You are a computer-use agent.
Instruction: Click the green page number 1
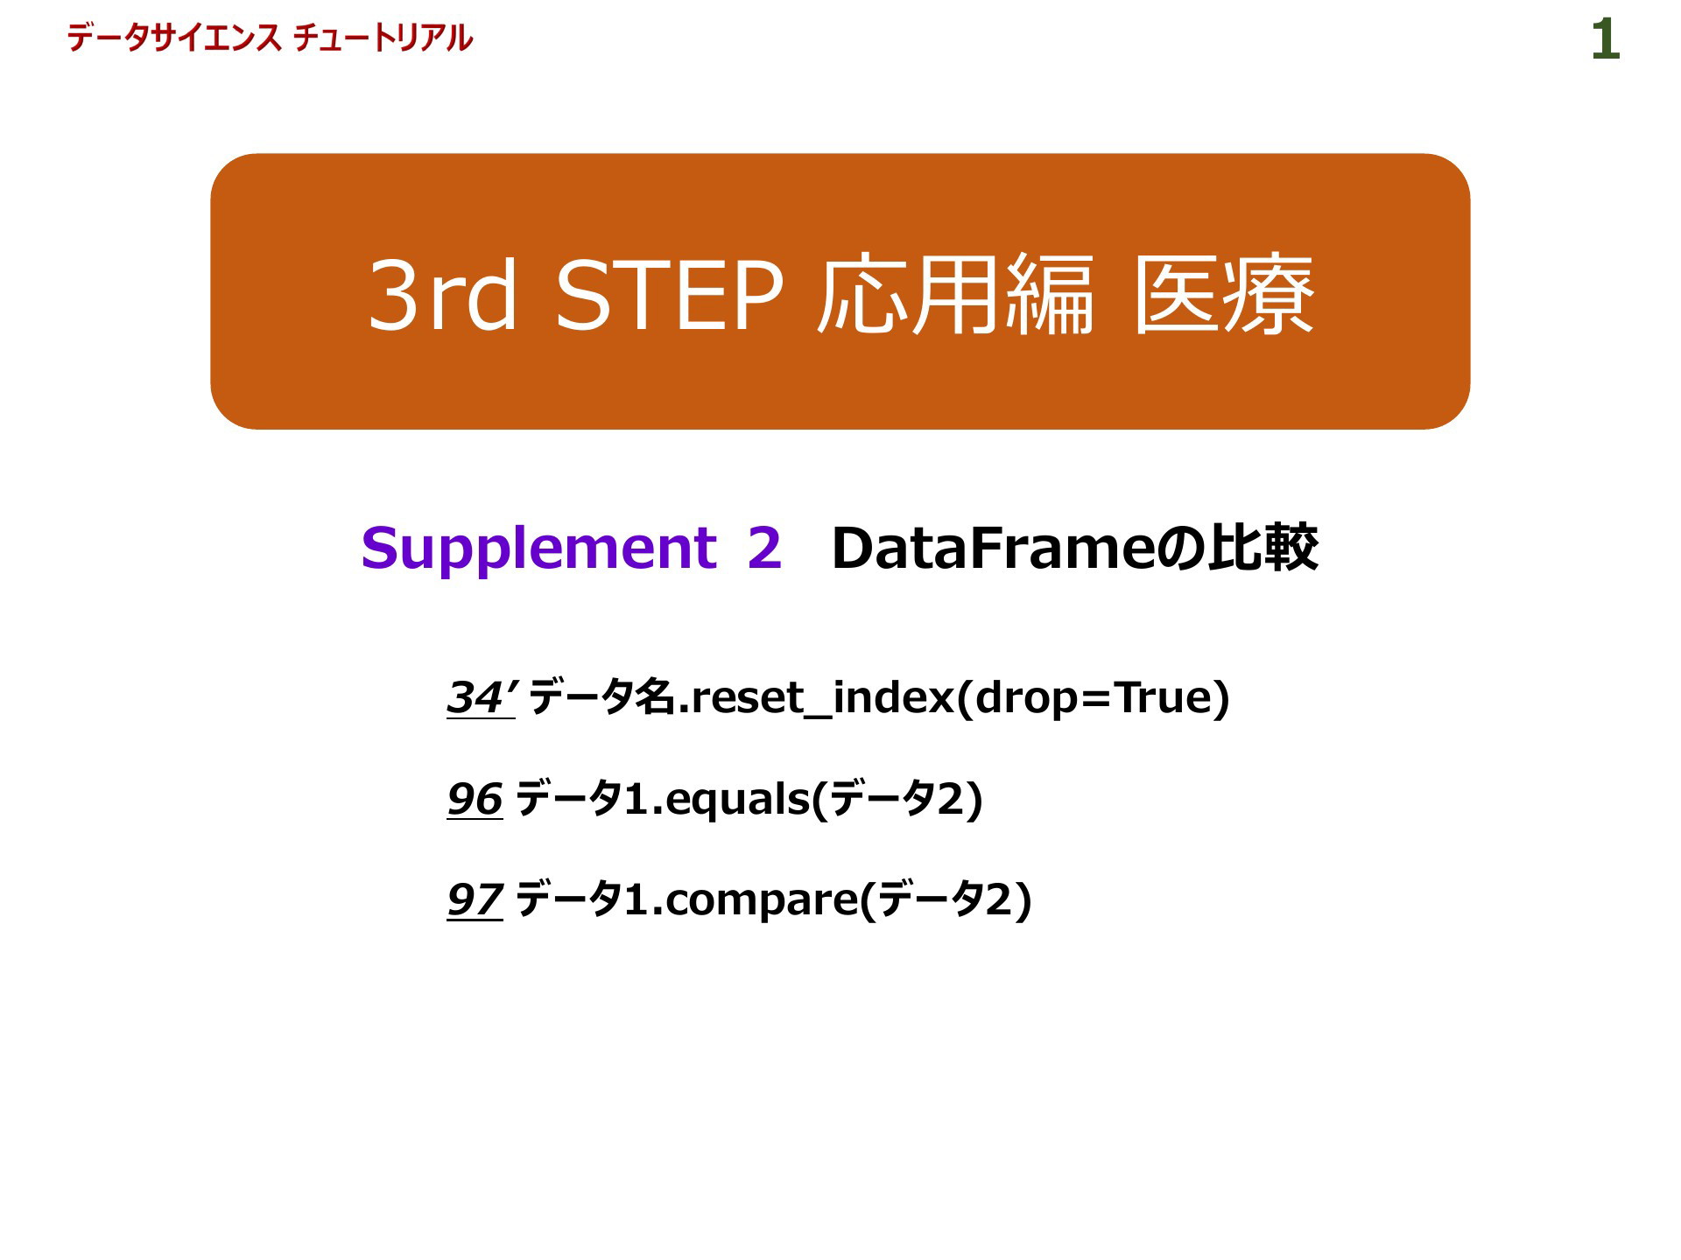1606,41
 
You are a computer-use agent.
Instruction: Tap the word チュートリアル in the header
383,38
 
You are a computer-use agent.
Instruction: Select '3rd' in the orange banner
443,295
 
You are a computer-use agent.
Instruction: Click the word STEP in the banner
669,295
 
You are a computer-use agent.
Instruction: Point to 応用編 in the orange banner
954,295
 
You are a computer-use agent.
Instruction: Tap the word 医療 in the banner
1224,295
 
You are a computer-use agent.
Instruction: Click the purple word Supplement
539,549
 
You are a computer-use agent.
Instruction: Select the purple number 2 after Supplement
764,548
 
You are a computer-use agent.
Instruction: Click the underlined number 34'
481,697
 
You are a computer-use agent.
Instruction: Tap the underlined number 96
475,799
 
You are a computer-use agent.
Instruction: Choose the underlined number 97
475,899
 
